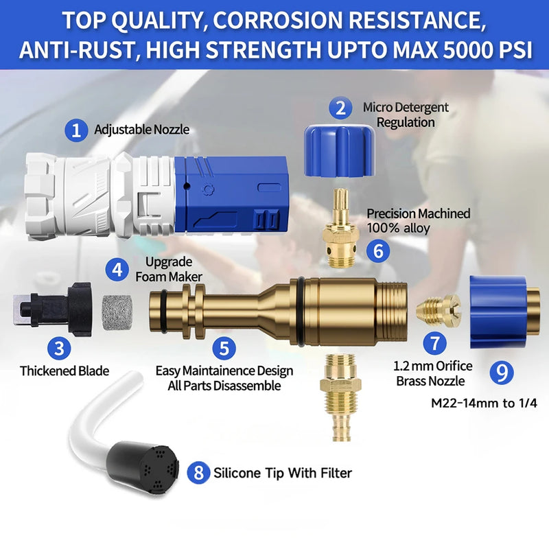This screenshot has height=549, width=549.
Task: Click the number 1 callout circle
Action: [x=77, y=130]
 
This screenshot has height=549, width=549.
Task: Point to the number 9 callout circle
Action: [x=503, y=372]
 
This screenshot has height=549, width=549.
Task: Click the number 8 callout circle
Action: [x=198, y=472]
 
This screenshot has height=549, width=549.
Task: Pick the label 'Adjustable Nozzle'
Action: [x=141, y=129]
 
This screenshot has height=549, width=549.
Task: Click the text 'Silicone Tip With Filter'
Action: [x=283, y=472]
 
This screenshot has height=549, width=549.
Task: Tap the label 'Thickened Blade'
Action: [x=64, y=371]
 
